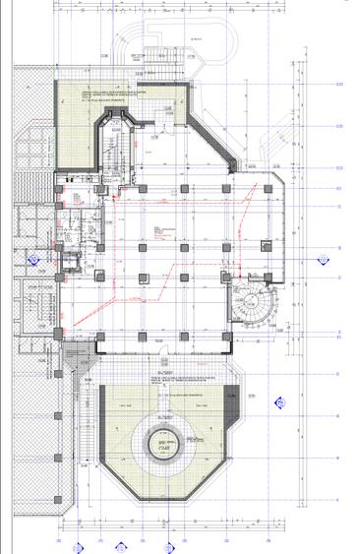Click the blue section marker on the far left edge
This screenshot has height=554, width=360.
pyautogui.click(x=32, y=263)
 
